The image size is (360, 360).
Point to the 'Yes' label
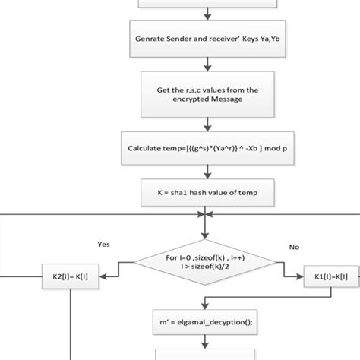click(105, 245)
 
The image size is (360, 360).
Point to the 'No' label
click(295, 246)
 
